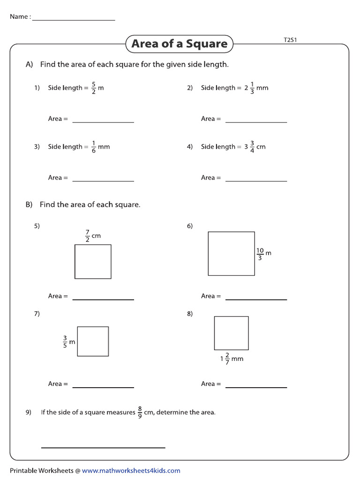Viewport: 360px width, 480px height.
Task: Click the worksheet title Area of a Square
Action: tap(179, 44)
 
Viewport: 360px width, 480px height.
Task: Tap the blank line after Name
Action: tap(74, 20)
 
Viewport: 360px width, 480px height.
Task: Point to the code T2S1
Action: tap(290, 40)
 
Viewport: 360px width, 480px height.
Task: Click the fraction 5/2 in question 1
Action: tap(94, 88)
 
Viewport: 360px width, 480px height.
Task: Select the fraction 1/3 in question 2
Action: tap(252, 88)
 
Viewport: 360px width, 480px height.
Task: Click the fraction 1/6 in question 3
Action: tap(94, 147)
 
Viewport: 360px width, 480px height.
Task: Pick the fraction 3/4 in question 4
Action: tap(252, 147)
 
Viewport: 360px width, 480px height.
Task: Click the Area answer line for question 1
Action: tap(103, 122)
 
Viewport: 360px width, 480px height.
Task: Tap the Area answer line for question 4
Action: tap(256, 181)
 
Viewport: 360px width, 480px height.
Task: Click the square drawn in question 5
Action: tap(93, 262)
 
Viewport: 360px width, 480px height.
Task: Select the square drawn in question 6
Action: tap(231, 254)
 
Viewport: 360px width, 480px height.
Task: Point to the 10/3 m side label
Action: tap(263, 254)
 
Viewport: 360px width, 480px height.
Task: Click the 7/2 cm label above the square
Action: tap(92, 236)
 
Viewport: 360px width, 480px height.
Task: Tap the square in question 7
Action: tap(93, 341)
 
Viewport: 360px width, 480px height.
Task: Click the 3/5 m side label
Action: tap(68, 342)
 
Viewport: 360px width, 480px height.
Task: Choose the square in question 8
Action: tap(231, 333)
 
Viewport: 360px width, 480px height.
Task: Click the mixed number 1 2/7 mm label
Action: tap(232, 359)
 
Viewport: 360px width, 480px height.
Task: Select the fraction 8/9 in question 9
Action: tap(140, 412)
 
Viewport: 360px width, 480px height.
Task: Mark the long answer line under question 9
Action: tap(103, 447)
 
